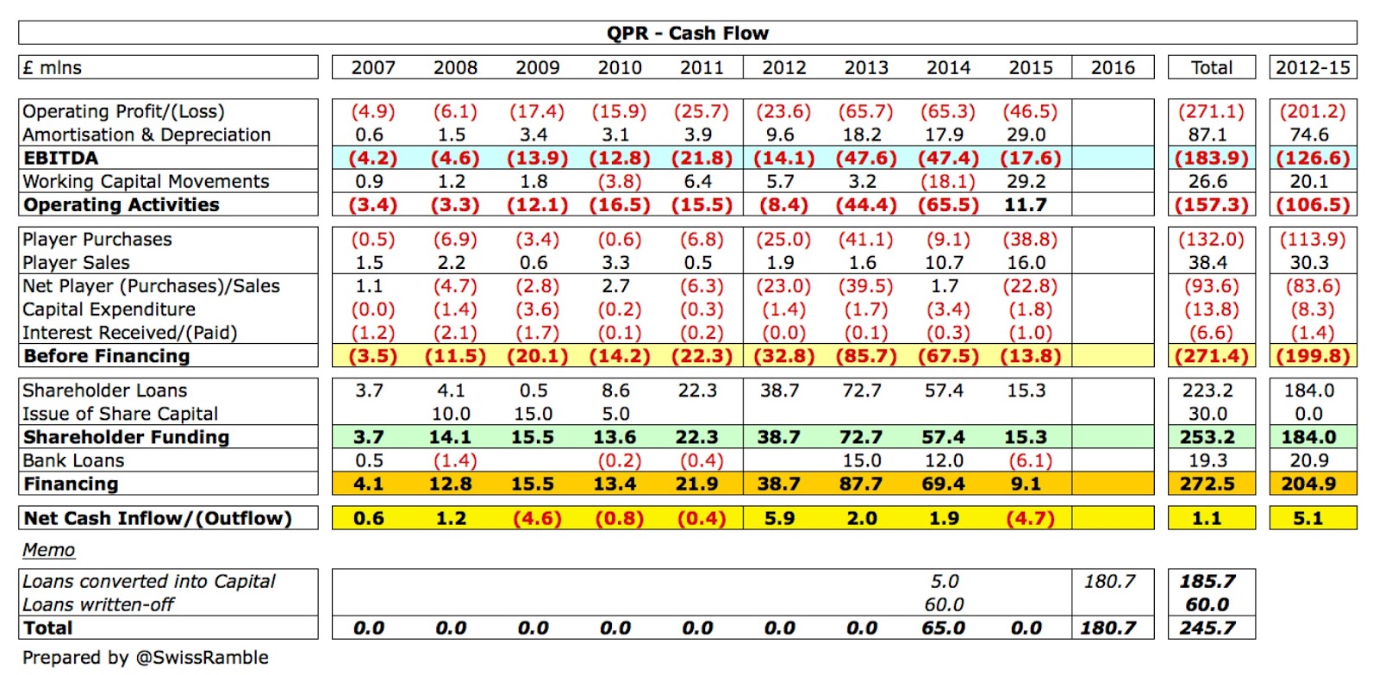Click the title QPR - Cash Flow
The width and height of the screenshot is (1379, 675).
pos(687,34)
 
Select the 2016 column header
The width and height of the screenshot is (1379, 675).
pos(1113,67)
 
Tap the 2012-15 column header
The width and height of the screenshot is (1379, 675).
pos(1313,67)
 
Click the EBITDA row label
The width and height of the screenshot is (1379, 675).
pos(60,158)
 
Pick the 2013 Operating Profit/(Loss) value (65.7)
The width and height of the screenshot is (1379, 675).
pos(865,111)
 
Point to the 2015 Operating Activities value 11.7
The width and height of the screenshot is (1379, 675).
pos(1026,204)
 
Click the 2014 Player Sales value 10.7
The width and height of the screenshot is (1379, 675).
pos(944,262)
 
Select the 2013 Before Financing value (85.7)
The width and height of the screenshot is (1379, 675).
pos(865,356)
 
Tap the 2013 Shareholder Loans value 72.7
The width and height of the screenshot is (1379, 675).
pos(863,391)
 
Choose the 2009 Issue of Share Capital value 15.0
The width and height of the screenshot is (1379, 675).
pos(533,414)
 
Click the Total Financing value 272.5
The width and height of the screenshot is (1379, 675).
pos(1207,484)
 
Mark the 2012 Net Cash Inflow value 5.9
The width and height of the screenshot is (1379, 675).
pos(779,518)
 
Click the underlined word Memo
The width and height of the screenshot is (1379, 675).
pos(48,550)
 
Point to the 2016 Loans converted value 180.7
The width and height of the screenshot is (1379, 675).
pos(1109,581)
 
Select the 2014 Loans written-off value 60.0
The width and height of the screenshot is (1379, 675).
pos(944,604)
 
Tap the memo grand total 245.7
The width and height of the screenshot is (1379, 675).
pos(1207,628)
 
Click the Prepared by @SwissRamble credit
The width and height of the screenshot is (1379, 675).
pos(145,658)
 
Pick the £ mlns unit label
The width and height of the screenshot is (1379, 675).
pos(53,67)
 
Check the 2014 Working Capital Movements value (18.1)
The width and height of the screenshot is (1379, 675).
pos(947,181)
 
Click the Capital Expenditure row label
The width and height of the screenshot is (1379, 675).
pos(109,309)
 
